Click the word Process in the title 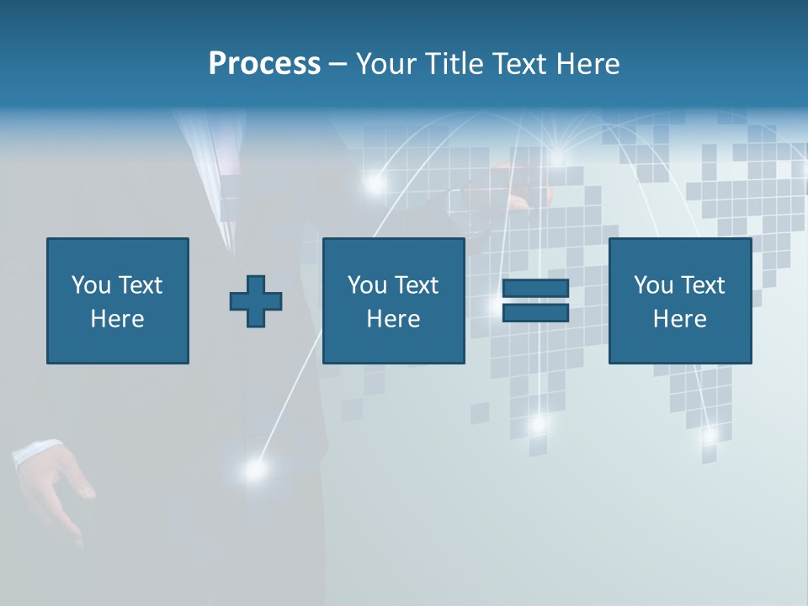point(264,64)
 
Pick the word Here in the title point(589,64)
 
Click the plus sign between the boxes point(256,301)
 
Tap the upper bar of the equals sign point(535,289)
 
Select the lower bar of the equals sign point(535,312)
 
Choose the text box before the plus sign point(118,300)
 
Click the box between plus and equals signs point(394,300)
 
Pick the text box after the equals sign point(680,300)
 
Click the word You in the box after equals point(652,285)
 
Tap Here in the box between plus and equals point(394,319)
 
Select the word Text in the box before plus point(140,285)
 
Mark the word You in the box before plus point(90,285)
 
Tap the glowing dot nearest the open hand point(253,470)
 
